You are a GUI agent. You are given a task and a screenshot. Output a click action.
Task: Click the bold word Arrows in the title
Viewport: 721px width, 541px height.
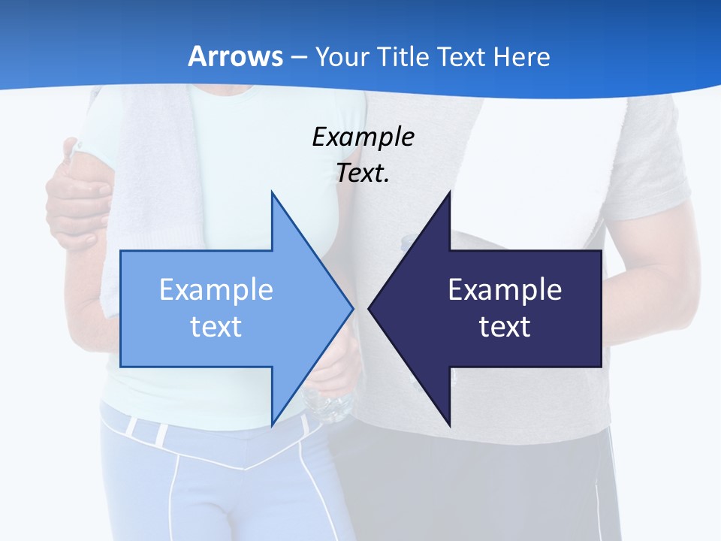pyautogui.click(x=235, y=57)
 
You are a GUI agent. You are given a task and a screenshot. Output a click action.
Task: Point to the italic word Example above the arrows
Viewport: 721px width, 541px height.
pyautogui.click(x=363, y=138)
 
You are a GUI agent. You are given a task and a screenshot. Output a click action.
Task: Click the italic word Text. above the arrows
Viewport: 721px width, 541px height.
pyautogui.click(x=363, y=174)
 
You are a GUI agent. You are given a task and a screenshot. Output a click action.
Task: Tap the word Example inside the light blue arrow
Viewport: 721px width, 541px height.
pyautogui.click(x=216, y=290)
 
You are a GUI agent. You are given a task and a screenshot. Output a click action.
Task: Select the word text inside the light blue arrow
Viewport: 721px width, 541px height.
pyautogui.click(x=216, y=327)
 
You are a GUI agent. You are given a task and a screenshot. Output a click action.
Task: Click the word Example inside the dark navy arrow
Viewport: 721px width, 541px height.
pyautogui.click(x=505, y=290)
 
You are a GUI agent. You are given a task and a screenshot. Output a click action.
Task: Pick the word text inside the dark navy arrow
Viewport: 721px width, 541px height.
pyautogui.click(x=505, y=327)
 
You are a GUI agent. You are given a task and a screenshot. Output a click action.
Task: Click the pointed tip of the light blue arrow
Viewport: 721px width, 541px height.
pyautogui.click(x=352, y=308)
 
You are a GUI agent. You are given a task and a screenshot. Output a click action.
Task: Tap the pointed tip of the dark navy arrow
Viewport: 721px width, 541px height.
pyautogui.click(x=370, y=308)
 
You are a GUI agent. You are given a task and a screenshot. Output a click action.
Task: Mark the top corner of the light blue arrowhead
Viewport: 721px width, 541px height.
pyautogui.click(x=272, y=193)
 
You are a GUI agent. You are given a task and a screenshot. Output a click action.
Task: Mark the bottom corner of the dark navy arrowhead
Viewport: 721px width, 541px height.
pyautogui.click(x=449, y=425)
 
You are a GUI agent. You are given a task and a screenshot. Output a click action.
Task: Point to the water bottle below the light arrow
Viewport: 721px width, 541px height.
pyautogui.click(x=329, y=406)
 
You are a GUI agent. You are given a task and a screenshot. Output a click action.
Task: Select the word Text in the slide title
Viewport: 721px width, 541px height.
pyautogui.click(x=461, y=57)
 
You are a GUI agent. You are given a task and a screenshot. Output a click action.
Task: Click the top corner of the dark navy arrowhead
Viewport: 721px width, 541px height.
pyautogui.click(x=449, y=192)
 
